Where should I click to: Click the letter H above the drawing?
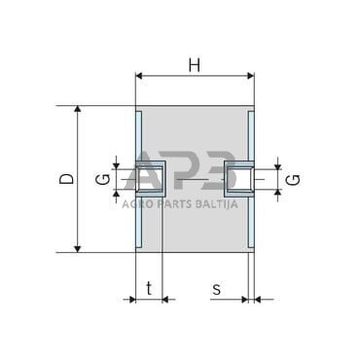(x=194, y=64)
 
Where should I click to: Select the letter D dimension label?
(x=65, y=178)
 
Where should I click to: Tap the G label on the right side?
(x=293, y=179)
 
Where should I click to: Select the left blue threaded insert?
(x=154, y=179)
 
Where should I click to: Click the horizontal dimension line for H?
(x=195, y=75)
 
